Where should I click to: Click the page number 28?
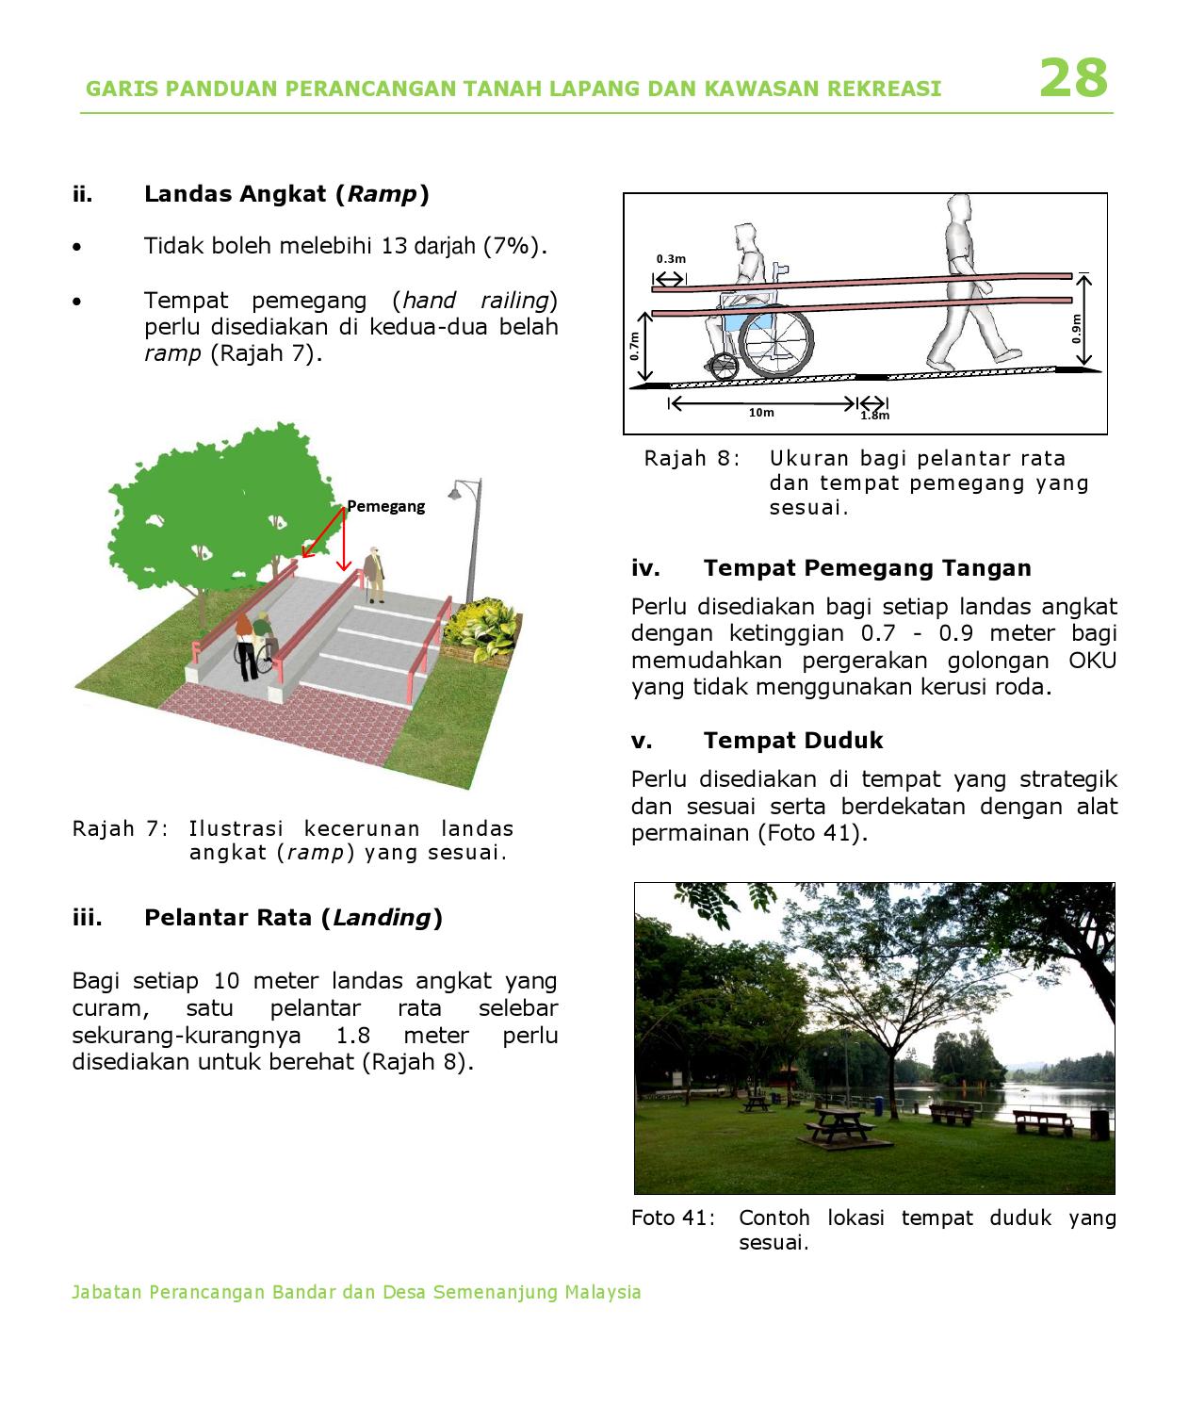point(1073,78)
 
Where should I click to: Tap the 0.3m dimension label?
point(671,258)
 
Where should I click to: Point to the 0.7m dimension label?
point(635,346)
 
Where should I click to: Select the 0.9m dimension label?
point(1077,329)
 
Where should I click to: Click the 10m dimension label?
point(761,413)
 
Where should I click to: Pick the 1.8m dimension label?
point(874,415)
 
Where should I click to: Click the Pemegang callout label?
point(385,506)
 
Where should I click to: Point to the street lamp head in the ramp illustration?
point(455,492)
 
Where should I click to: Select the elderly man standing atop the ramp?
point(376,573)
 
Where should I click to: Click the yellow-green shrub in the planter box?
point(482,627)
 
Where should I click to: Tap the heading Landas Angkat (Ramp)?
point(286,194)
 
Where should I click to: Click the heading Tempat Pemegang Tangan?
point(867,568)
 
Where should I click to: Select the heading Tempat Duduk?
point(792,741)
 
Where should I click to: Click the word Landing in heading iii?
point(382,918)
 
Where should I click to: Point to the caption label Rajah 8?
point(692,459)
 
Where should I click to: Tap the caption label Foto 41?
point(673,1218)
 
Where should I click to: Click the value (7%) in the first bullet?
point(513,246)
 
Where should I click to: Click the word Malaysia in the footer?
point(603,1292)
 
